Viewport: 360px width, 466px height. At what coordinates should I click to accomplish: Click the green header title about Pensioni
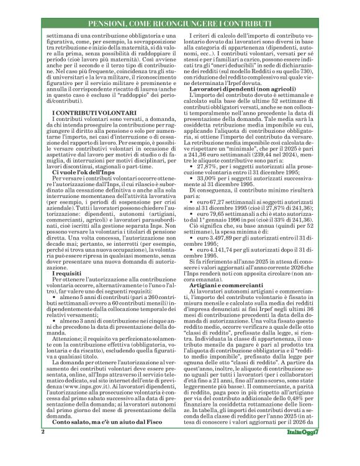click(180, 24)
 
